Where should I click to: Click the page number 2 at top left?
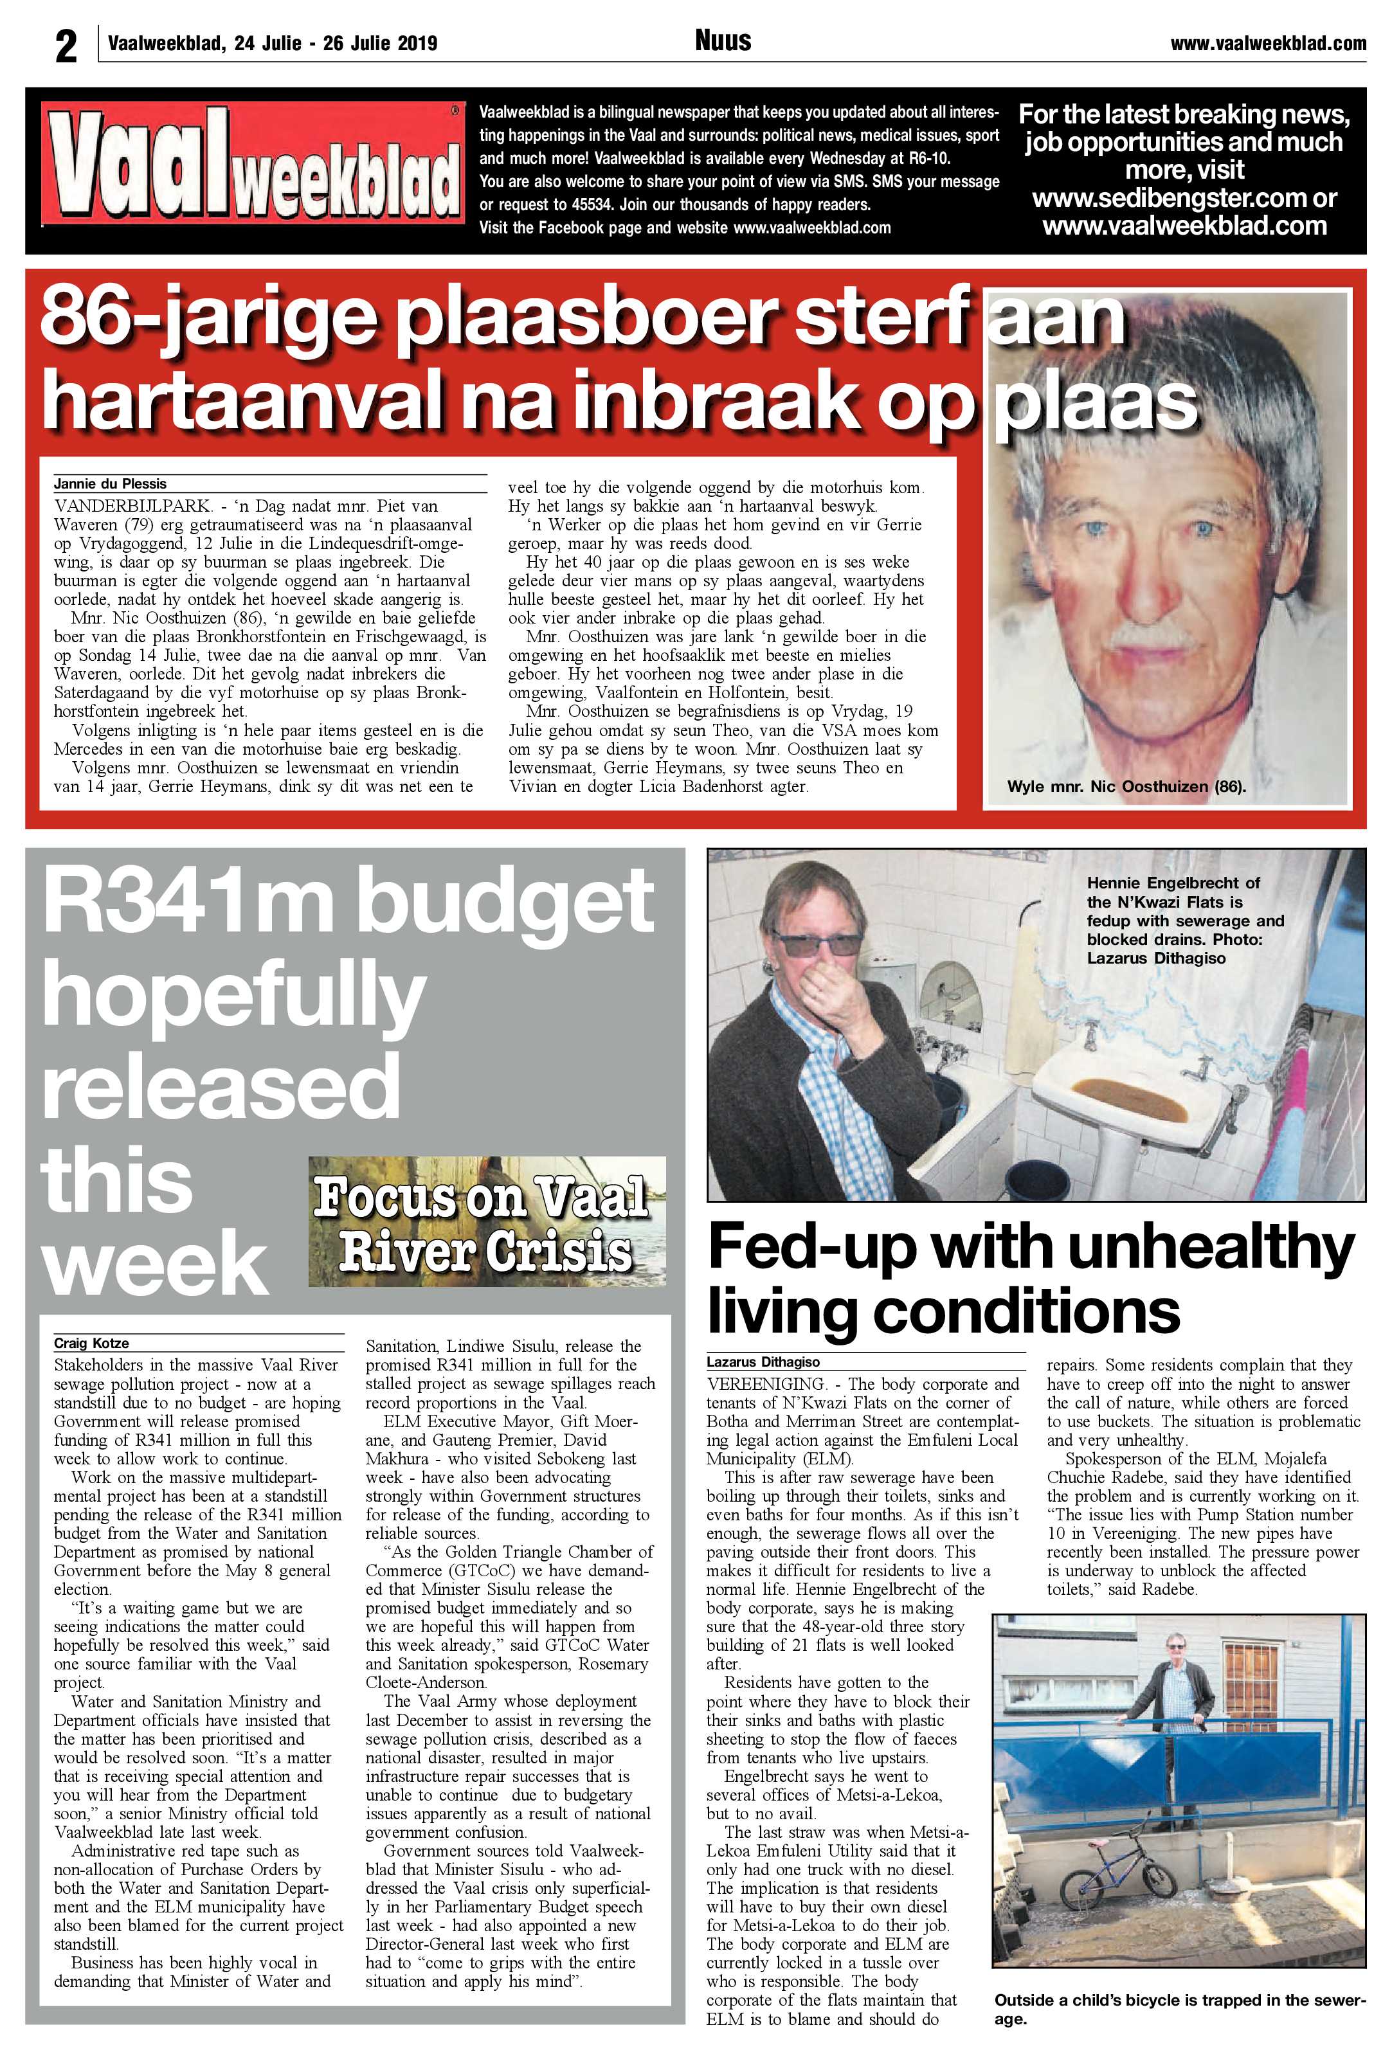click(x=66, y=45)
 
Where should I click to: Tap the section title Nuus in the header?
click(x=723, y=40)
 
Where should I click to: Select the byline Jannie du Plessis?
click(x=110, y=483)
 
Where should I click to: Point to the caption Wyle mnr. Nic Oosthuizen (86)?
click(x=1126, y=786)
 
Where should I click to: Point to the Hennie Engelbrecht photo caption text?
click(x=1185, y=919)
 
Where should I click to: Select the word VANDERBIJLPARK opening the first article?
click(x=132, y=507)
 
